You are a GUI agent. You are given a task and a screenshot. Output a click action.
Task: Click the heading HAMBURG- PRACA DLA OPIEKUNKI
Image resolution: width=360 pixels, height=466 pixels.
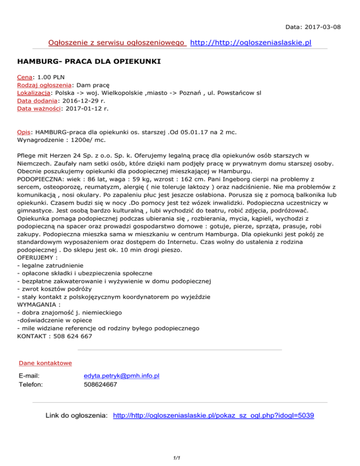tap(89, 61)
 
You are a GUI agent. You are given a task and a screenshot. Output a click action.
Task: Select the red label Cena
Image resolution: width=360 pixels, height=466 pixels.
tap(24, 76)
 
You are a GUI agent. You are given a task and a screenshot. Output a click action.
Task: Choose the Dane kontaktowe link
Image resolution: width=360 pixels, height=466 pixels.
tap(45, 363)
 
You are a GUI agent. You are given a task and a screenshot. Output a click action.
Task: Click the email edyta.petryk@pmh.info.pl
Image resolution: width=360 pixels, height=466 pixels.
tap(121, 376)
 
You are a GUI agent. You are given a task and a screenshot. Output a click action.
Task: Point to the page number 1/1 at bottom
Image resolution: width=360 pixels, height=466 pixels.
tap(180, 453)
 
